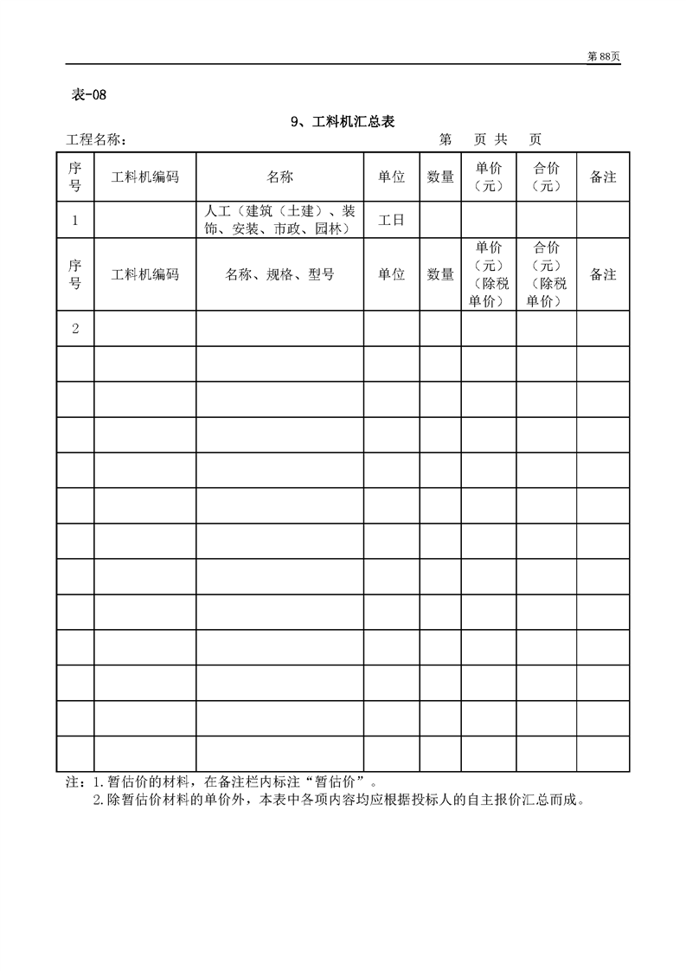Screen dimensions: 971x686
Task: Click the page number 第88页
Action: click(604, 56)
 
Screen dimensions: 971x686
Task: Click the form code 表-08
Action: click(88, 95)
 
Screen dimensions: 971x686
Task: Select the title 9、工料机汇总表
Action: click(343, 122)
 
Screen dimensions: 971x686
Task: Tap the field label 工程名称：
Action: click(97, 140)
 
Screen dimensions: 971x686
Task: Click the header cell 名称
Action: click(279, 177)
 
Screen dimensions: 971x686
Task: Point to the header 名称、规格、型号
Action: click(279, 274)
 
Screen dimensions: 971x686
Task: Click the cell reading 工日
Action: click(391, 220)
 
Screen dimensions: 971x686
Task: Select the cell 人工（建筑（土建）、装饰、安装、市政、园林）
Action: click(279, 220)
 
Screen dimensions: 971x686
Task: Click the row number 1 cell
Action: click(75, 220)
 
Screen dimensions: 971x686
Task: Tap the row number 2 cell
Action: click(75, 328)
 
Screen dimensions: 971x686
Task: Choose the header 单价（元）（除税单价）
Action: click(489, 274)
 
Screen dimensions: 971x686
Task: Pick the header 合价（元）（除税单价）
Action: click(547, 274)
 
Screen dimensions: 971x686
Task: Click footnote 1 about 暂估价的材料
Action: click(234, 782)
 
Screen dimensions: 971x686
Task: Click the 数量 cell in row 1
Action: click(440, 220)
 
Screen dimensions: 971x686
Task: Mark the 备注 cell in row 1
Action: click(603, 220)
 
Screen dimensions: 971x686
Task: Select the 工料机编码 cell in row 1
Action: click(145, 220)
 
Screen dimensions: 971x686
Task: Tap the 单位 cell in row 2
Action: click(391, 328)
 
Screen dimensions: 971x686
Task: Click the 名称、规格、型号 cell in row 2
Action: click(279, 328)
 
